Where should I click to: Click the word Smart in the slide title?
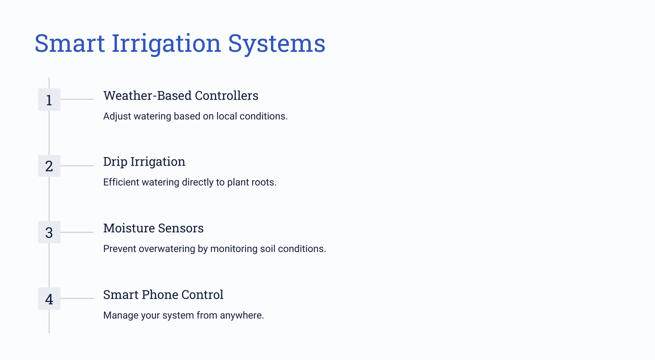[x=70, y=43]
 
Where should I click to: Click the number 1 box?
[x=49, y=100]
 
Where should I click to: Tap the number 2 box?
[x=49, y=166]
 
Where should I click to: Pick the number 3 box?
[x=49, y=232]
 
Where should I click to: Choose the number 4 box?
[x=49, y=299]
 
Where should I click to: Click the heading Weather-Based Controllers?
[x=181, y=96]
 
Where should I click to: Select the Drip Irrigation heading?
[x=144, y=162]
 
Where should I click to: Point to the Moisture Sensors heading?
[x=153, y=228]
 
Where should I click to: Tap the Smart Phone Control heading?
[x=163, y=295]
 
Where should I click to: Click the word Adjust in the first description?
[x=117, y=117]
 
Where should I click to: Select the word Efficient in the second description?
[x=121, y=182]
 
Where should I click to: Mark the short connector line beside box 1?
[x=77, y=99]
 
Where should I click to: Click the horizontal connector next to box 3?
[x=77, y=232]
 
